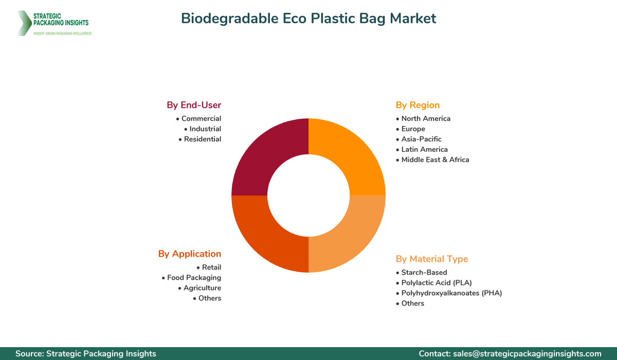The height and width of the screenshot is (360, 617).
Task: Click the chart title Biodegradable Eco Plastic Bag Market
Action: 308,19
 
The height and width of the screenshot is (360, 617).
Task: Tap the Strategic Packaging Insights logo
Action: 54,23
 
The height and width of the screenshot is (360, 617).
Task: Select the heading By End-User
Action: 194,105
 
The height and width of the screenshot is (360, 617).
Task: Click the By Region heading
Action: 418,105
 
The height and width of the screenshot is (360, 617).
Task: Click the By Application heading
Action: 190,254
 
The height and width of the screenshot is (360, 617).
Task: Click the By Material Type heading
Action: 432,259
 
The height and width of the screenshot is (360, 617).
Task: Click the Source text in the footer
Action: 86,353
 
